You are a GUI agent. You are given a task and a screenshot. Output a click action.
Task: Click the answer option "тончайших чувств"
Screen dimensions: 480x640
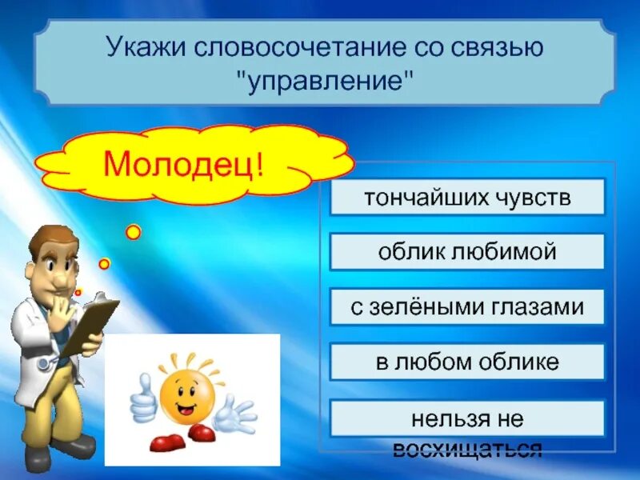pos(467,197)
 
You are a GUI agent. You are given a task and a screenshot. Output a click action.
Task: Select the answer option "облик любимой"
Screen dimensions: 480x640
pos(467,252)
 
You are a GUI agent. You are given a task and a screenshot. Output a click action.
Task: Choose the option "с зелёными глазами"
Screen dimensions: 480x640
pos(467,307)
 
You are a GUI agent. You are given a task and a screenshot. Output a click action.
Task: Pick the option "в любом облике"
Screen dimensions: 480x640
pos(467,362)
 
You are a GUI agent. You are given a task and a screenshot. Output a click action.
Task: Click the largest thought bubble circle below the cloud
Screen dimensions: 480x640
pos(134,232)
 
